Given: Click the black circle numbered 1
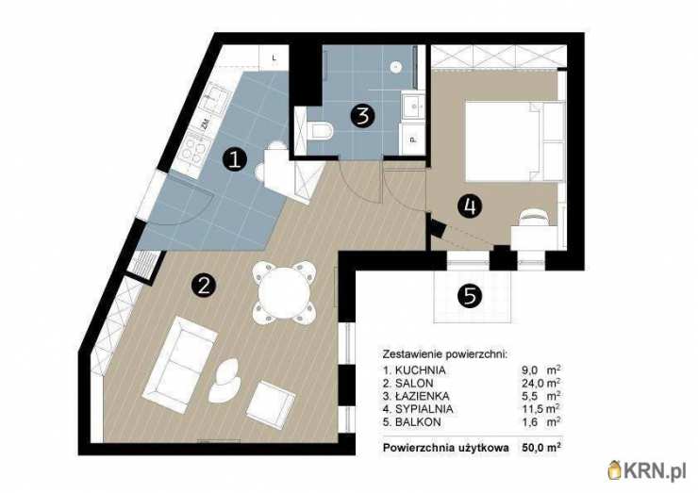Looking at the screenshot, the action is tap(235, 159).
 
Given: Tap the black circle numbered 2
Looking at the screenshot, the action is tap(204, 286).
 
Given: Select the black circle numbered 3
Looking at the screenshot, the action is tap(362, 116).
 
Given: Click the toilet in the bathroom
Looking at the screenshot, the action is tap(319, 131).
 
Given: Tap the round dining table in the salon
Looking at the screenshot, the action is tap(284, 292).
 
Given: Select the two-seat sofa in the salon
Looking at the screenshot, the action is tap(180, 365).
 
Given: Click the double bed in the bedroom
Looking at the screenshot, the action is tap(515, 141).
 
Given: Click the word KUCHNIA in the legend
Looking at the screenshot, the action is tap(420, 370).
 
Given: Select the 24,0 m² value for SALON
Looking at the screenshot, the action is tap(540, 383).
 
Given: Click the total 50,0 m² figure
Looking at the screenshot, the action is tap(540, 447).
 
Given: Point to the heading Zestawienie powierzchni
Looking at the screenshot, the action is tap(445, 354).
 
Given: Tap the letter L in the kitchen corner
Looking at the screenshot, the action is tap(274, 58).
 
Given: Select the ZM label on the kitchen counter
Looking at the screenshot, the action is tap(206, 124).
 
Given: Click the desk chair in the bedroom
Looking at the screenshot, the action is tap(533, 218).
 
